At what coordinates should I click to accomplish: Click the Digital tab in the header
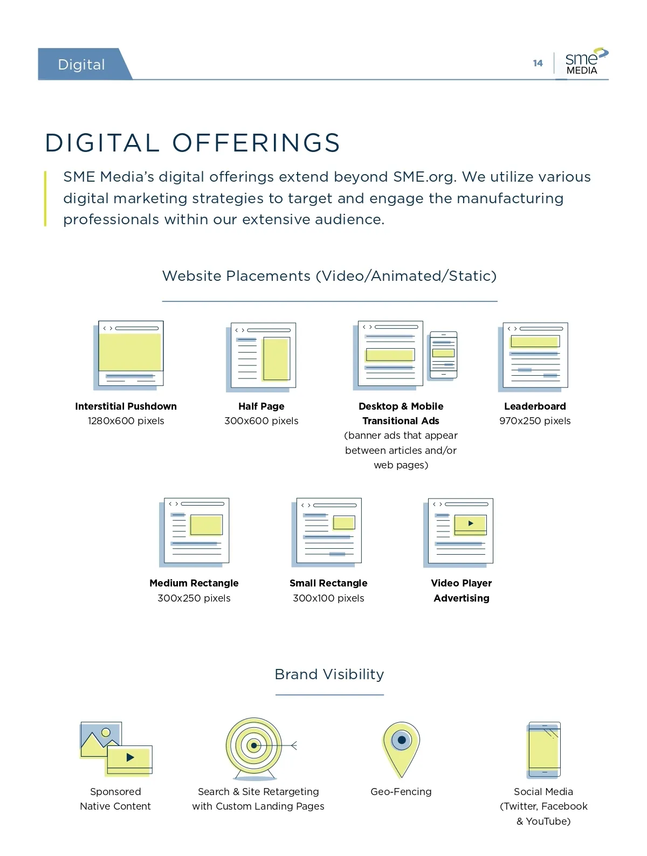click(82, 65)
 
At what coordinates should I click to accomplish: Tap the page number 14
click(538, 63)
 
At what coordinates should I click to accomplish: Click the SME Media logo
click(585, 63)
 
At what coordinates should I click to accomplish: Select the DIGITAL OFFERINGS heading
click(192, 143)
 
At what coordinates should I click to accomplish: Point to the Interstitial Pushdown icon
click(129, 355)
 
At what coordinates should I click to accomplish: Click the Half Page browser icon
click(261, 357)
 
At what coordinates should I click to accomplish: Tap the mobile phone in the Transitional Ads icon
click(443, 355)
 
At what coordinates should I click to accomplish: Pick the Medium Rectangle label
click(194, 583)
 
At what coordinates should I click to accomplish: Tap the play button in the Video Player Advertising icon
click(471, 523)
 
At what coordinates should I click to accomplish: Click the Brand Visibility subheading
click(329, 674)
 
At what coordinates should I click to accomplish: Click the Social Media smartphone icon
click(544, 750)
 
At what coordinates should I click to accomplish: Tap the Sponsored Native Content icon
click(116, 749)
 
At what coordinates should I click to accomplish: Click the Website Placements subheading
click(329, 276)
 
